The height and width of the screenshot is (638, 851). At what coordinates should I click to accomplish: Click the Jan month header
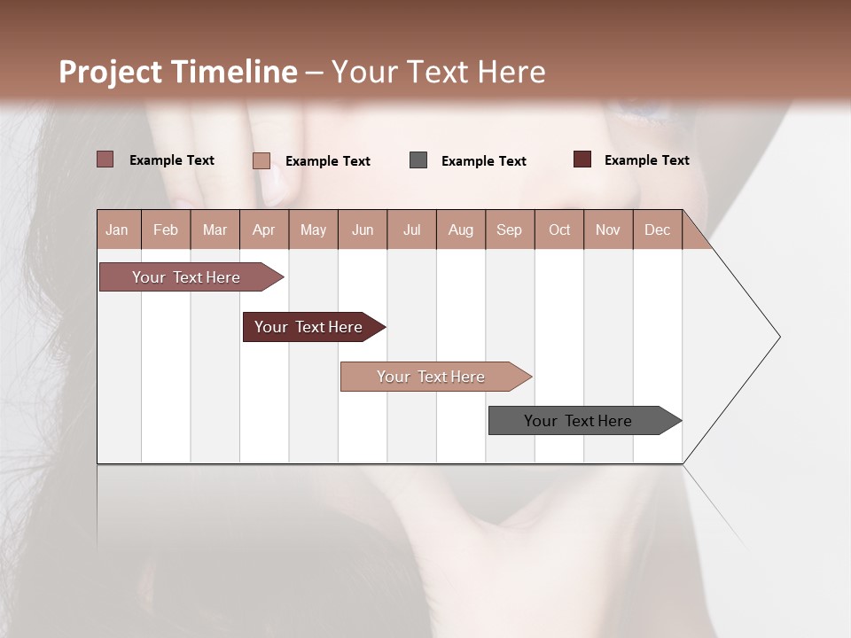[x=118, y=230]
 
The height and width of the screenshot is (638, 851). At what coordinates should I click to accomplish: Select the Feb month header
[x=166, y=230]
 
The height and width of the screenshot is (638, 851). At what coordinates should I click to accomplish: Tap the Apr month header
[x=263, y=230]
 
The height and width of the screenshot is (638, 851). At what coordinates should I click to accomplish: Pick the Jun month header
[x=363, y=230]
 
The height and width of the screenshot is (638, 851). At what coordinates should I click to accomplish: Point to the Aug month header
[x=460, y=230]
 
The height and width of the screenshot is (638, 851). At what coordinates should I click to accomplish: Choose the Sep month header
[x=509, y=230]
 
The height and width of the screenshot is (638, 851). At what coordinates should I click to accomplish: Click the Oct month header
[x=559, y=230]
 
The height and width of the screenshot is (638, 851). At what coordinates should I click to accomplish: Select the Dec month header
[x=657, y=230]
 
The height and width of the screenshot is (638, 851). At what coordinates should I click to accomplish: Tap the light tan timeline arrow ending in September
[x=433, y=377]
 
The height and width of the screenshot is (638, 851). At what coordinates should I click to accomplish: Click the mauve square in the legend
[x=105, y=159]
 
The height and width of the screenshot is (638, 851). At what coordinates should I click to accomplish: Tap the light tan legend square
[x=262, y=160]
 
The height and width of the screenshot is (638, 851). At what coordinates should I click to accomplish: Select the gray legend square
[x=418, y=160]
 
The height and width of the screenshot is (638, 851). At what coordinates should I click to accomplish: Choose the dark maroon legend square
[x=582, y=159]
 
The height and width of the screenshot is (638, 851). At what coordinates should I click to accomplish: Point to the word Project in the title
[x=111, y=72]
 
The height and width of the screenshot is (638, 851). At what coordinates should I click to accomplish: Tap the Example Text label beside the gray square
[x=483, y=161]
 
